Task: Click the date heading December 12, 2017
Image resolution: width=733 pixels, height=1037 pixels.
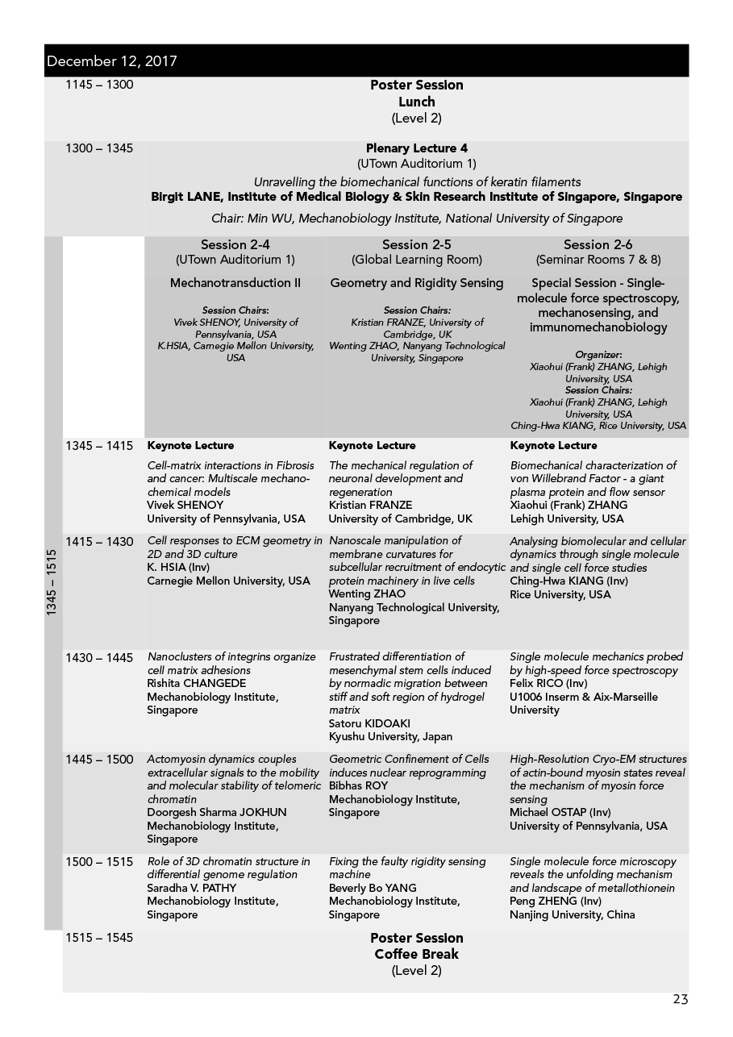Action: pos(112,61)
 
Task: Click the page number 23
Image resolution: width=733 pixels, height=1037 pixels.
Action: pos(680,1000)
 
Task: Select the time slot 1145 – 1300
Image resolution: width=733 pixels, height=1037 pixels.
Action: pos(99,85)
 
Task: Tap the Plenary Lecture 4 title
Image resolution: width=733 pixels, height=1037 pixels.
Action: pos(416,148)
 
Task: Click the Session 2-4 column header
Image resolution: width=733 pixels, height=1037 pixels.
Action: pos(235,245)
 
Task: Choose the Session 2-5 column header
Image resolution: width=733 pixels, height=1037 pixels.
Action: pos(416,245)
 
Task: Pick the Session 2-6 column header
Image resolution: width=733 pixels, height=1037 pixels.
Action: pos(598,245)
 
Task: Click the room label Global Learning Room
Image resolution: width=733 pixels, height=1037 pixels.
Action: pos(416,260)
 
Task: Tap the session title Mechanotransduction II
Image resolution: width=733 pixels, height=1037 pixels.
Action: pos(235,283)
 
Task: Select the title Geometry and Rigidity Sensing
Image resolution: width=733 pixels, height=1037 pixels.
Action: pos(416,283)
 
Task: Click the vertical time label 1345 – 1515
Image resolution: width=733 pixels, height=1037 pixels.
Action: pos(52,583)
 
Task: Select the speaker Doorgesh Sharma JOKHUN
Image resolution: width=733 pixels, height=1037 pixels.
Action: pos(216,812)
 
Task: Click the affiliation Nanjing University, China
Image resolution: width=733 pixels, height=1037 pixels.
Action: pos(572,914)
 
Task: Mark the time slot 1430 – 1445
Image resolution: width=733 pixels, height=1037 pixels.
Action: pos(99,658)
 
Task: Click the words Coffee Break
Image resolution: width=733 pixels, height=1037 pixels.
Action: pos(416,954)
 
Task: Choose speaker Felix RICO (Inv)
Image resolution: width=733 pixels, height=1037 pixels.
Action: pos(548,684)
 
